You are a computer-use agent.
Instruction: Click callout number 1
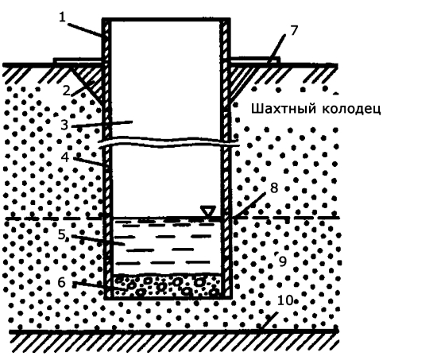pos(62,17)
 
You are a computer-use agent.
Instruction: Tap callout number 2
pos(66,91)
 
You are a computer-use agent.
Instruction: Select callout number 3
pos(64,125)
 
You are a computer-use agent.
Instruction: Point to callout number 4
pos(65,157)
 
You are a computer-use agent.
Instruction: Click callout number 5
pos(61,234)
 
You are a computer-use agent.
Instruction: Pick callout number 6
pos(61,282)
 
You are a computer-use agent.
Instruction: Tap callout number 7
pos(294,31)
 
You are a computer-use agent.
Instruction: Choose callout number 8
pos(274,188)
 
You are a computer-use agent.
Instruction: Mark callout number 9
pos(283,261)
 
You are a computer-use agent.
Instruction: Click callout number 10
pos(285,300)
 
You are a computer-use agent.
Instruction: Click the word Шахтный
pos(284,108)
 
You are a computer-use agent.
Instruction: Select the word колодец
pos(351,109)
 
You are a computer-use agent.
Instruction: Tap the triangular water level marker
pos(208,211)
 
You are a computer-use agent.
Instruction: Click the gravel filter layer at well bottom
pos(167,285)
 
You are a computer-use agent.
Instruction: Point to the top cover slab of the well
pos(166,20)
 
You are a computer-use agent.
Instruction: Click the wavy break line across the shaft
pos(169,141)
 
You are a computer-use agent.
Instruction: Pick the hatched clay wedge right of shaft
pos(240,78)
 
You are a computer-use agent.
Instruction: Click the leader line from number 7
pos(277,48)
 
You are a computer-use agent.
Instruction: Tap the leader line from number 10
pos(269,321)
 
